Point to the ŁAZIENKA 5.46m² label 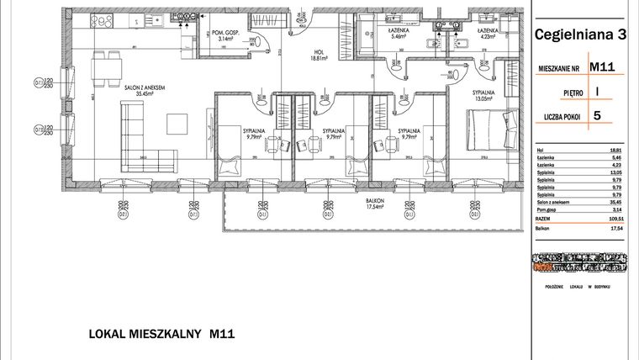pos(399,34)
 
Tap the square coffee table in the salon pos(177,124)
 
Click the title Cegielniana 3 pos(579,34)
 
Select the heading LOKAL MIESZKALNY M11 pos(161,334)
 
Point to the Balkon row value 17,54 pos(613,228)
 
